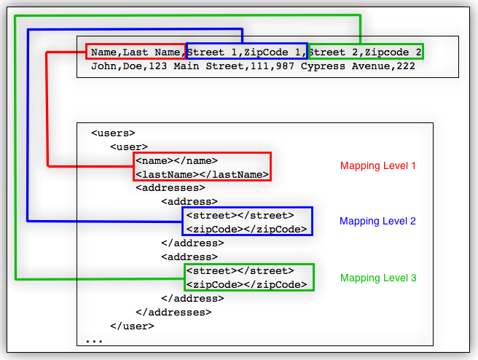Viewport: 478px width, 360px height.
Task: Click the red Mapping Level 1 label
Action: (377, 165)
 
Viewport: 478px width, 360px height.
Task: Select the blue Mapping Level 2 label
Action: (377, 221)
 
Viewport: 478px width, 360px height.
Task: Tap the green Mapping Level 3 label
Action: (377, 278)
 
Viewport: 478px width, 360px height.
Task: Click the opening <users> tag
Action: (113, 133)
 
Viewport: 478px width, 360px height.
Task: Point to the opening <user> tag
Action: (128, 147)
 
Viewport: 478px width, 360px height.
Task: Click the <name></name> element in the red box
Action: (176, 161)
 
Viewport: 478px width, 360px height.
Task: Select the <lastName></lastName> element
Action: (202, 175)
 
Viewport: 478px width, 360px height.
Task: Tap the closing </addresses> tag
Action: (173, 312)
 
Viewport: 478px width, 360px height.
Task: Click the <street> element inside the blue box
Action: (240, 215)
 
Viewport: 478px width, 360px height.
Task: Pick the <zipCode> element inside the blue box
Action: (246, 229)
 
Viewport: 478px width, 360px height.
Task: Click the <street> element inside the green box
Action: (240, 270)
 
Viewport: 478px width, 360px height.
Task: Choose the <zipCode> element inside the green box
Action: (246, 284)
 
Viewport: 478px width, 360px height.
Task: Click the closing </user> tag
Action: (132, 326)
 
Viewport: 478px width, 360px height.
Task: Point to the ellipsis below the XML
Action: (94, 340)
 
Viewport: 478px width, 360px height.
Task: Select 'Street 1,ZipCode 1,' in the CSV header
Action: (246, 52)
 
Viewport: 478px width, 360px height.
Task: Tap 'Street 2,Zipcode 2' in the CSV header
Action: (364, 52)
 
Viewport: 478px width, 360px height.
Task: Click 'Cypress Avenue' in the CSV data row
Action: (353, 66)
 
